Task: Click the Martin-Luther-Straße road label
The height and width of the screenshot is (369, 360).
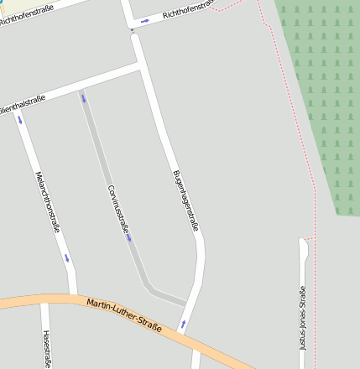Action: coord(127,314)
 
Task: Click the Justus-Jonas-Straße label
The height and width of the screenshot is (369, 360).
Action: coord(302,319)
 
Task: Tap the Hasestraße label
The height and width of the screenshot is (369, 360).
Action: coord(46,349)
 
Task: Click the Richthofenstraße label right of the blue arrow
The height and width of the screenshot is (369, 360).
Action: coord(190,10)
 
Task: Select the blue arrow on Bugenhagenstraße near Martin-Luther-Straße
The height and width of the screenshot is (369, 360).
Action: coord(183,324)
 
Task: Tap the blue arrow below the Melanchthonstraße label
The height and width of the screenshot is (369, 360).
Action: coord(67,257)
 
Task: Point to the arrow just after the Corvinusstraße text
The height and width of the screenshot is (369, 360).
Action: coord(129,238)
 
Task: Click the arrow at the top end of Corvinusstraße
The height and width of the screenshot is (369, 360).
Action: coord(83,99)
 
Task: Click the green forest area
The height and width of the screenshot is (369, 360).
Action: coord(323,101)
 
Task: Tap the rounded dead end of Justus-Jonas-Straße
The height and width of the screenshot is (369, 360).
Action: coord(303,244)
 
